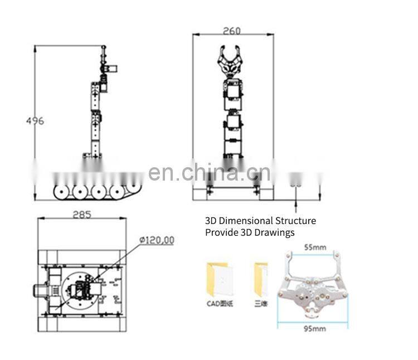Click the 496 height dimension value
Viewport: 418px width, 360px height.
tap(35, 121)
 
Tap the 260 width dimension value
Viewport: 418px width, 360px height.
tap(232, 31)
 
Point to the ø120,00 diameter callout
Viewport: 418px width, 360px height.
tap(157, 240)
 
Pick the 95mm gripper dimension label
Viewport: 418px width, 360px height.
tap(314, 329)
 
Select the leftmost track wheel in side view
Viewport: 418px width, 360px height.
tap(62, 191)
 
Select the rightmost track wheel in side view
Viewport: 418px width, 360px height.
tap(118, 191)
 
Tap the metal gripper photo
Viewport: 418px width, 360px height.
tap(312, 286)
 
